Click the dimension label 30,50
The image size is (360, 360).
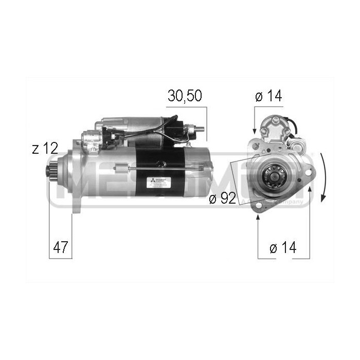pos(184,96)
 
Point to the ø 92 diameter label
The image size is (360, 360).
pos(222,199)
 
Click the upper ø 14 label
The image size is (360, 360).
pos(268,96)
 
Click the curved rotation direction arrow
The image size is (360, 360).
pos(323,177)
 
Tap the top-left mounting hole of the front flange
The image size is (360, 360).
pos(255,146)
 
